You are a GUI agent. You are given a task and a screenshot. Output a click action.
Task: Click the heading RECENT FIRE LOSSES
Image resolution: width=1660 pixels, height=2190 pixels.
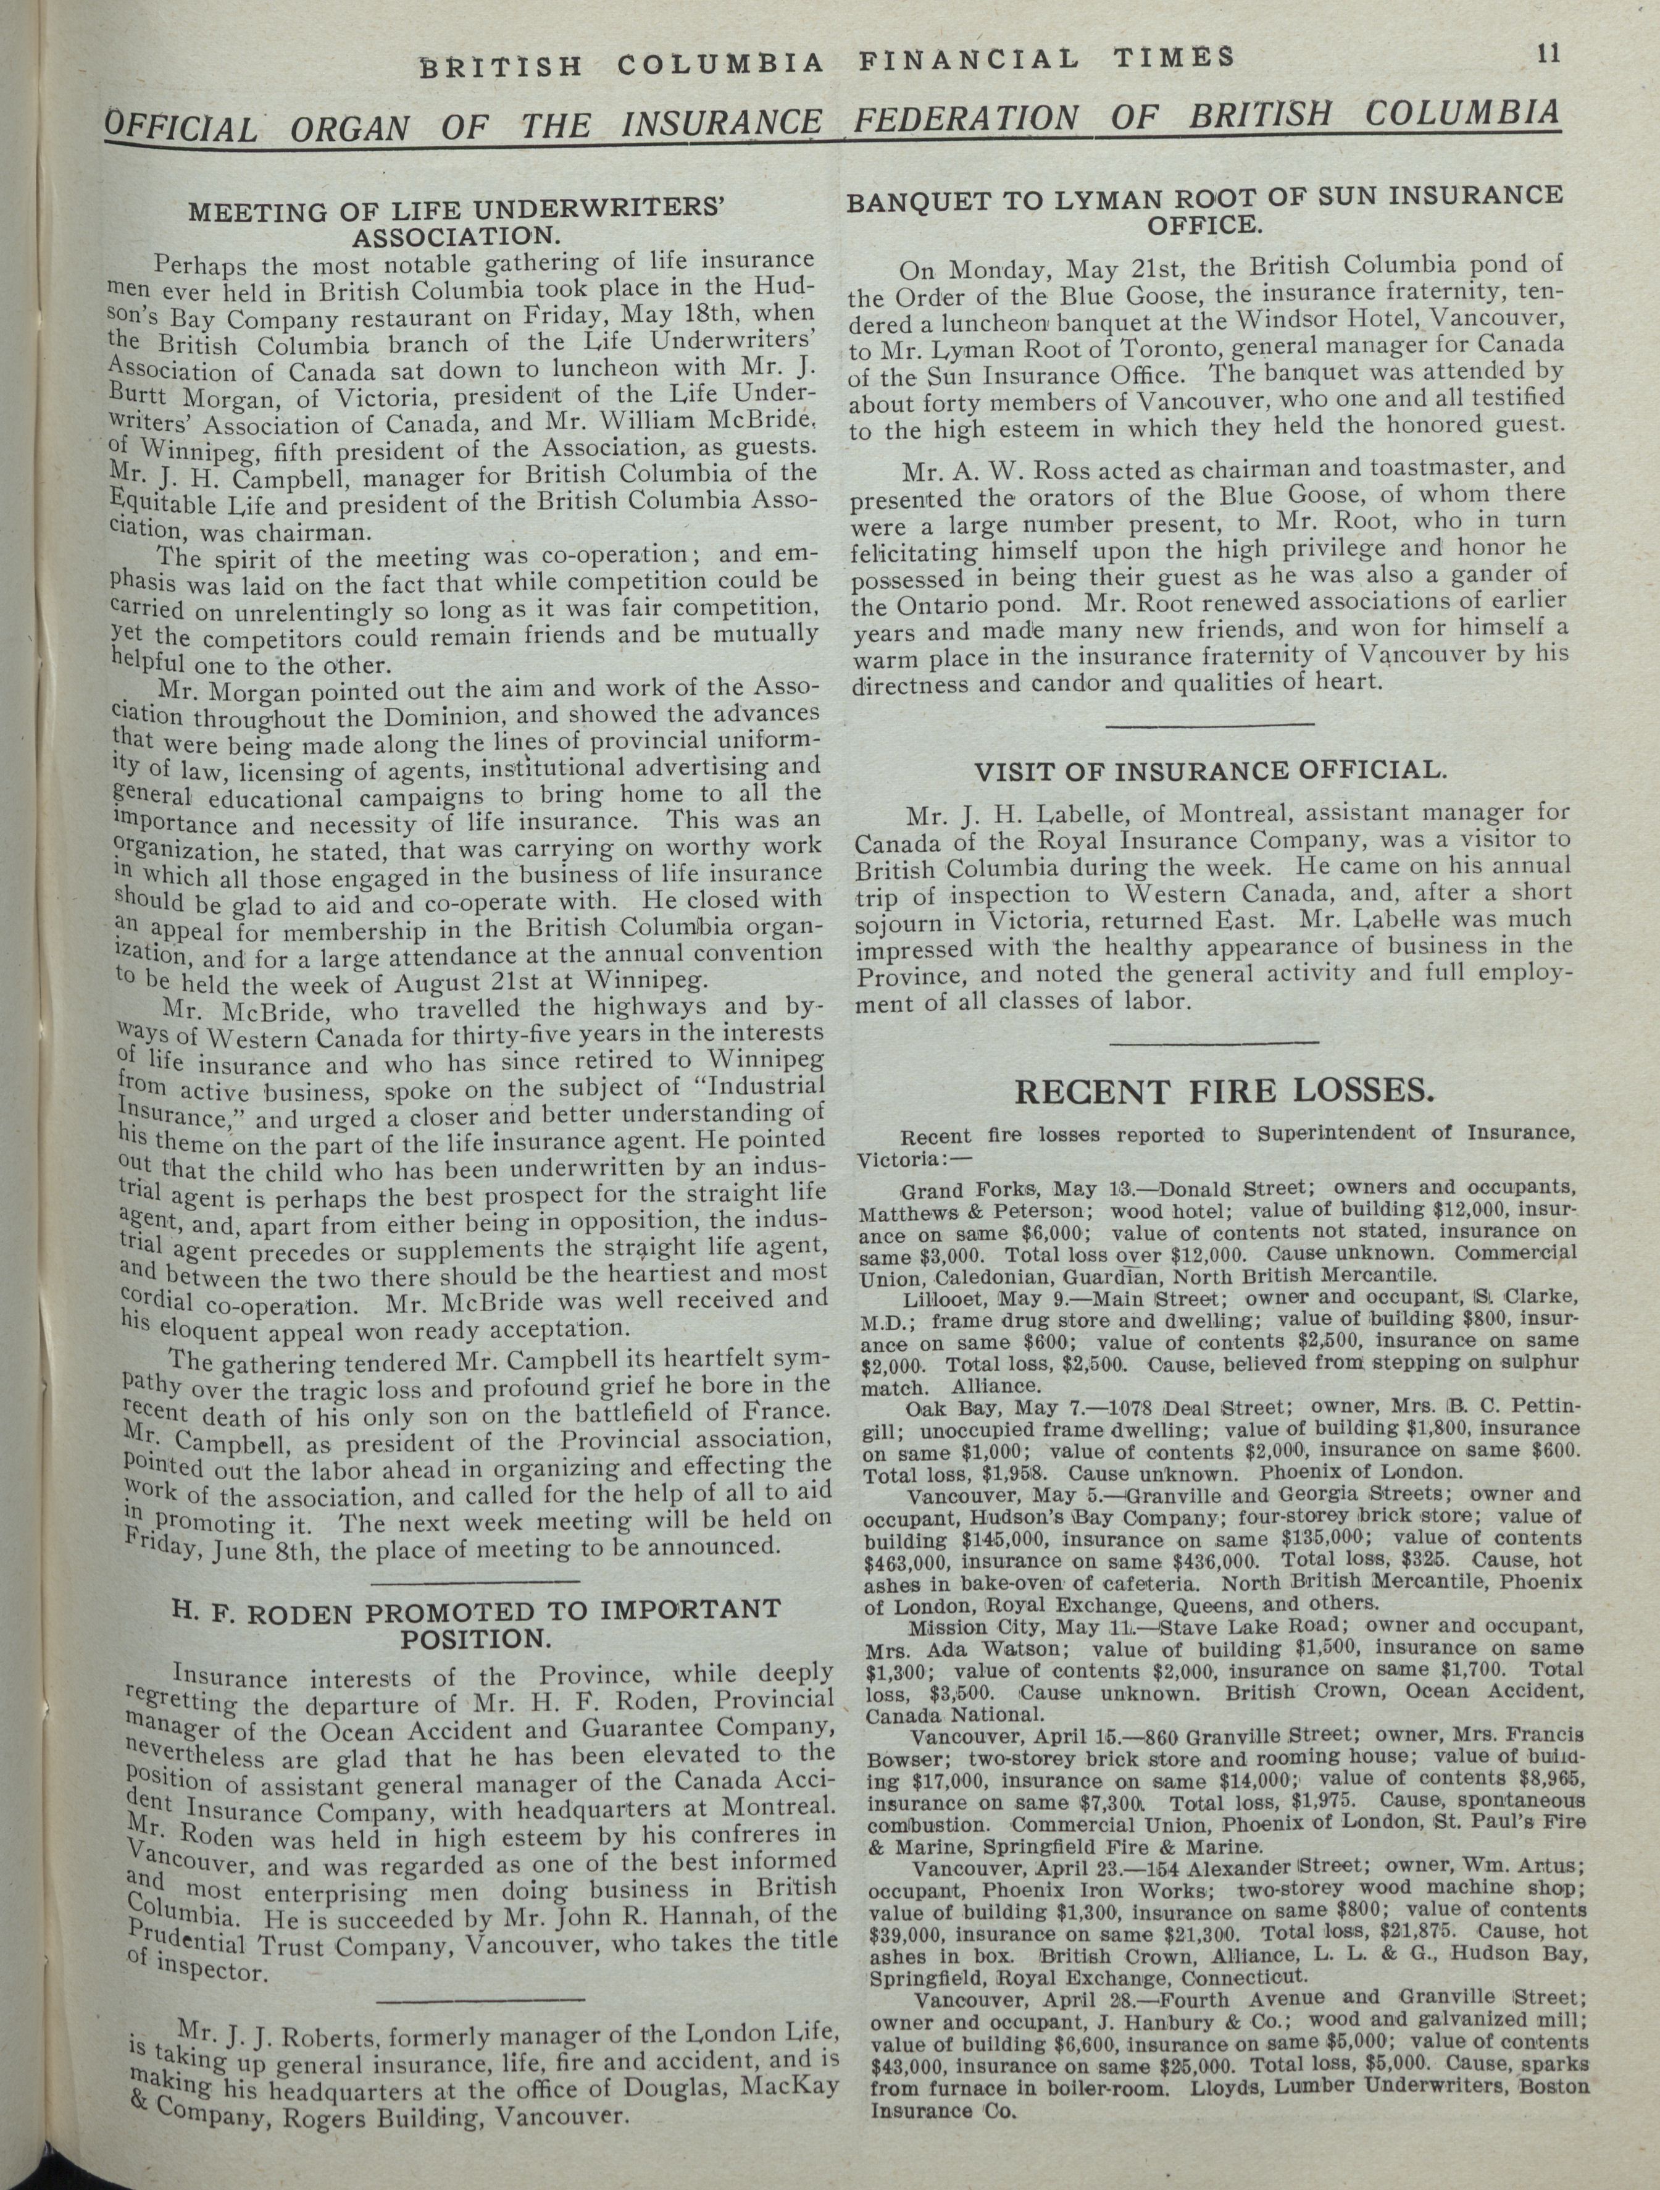coord(1224,1091)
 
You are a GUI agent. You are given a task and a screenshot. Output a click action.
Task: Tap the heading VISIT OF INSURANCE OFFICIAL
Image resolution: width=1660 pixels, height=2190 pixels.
coord(1209,771)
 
